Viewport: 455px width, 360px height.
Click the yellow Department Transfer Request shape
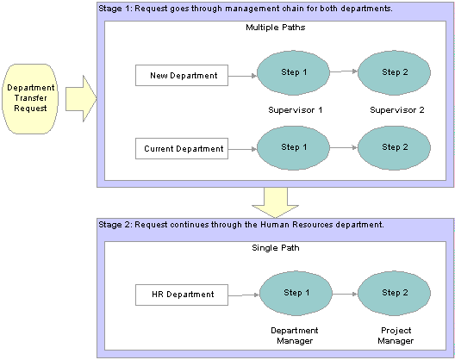30,99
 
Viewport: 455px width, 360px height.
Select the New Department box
182,76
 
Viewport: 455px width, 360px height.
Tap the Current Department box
182,148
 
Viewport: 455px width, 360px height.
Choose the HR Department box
182,295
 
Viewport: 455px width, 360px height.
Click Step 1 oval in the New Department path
293,73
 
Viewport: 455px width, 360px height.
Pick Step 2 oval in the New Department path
394,73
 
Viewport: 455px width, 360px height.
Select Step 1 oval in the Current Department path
293,147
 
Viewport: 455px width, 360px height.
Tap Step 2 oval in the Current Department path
394,147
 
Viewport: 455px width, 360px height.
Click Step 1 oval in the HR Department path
296,294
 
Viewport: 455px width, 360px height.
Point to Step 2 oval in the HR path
394,294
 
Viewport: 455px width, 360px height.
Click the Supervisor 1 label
295,110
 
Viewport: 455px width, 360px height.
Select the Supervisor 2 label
397,110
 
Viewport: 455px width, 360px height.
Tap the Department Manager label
295,336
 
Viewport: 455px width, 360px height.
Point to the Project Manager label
396,336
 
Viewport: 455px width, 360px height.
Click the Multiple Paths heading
276,28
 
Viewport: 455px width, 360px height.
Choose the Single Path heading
276,248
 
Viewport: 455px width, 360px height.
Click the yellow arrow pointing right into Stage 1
81,99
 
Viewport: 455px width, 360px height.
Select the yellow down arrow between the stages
276,202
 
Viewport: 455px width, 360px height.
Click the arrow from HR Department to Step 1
244,295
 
